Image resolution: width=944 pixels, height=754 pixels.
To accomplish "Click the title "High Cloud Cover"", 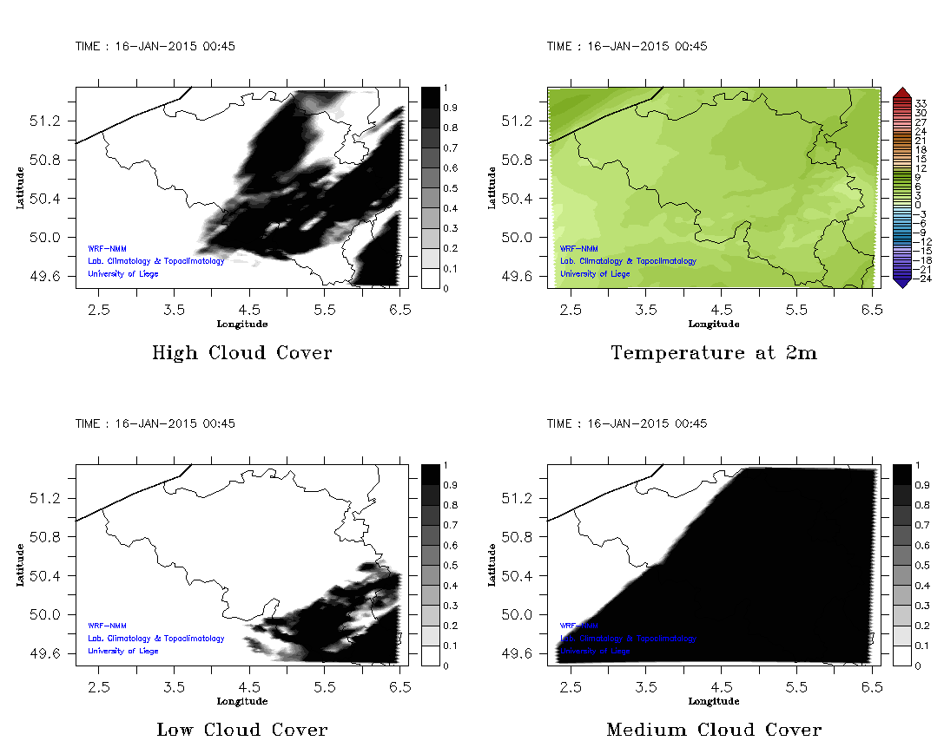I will coord(241,353).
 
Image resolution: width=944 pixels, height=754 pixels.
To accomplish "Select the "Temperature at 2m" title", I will coord(713,353).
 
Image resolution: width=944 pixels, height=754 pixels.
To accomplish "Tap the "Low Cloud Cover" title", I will coord(241,730).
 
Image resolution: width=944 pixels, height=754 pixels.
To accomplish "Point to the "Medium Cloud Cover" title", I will coord(713,730).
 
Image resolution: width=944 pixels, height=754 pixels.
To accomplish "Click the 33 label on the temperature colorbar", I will coord(921,103).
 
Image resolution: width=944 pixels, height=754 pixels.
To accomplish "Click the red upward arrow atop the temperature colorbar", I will coord(901,92).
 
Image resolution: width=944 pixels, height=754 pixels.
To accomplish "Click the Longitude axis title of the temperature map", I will coord(713,325).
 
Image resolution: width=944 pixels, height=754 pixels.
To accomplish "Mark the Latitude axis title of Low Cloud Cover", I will coord(20,565).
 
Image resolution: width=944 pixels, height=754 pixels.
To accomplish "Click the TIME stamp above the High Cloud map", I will coord(155,47).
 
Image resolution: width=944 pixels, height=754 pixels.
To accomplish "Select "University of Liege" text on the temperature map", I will coord(595,274).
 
